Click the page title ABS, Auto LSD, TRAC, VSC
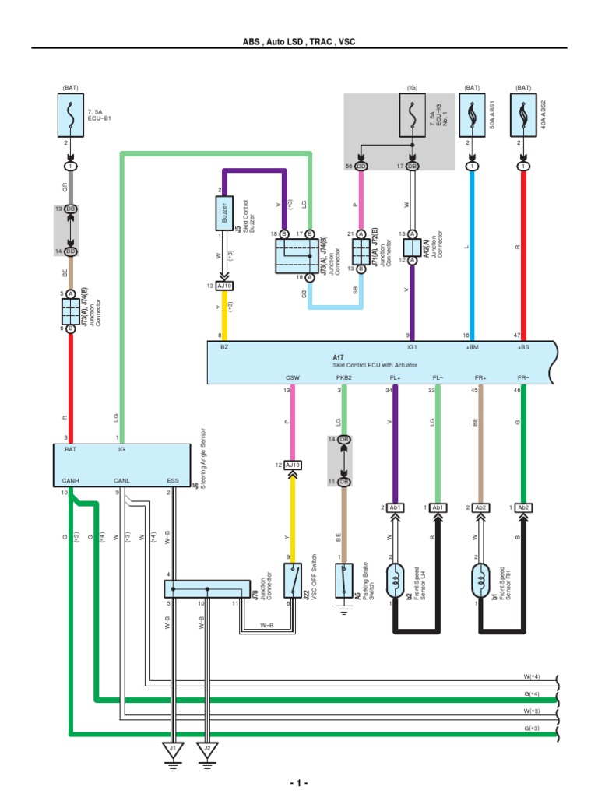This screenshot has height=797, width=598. click(x=298, y=40)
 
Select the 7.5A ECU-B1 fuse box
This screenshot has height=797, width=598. click(x=72, y=114)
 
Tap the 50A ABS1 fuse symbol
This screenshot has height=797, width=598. click(x=472, y=114)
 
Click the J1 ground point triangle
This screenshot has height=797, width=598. click(x=173, y=752)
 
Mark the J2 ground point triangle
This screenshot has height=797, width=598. click(x=207, y=752)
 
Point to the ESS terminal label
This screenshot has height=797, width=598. click(x=173, y=481)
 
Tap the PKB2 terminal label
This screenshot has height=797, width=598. click(x=344, y=380)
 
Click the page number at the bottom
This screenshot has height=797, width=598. click(x=298, y=782)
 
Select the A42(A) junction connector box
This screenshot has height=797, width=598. click(x=412, y=247)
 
